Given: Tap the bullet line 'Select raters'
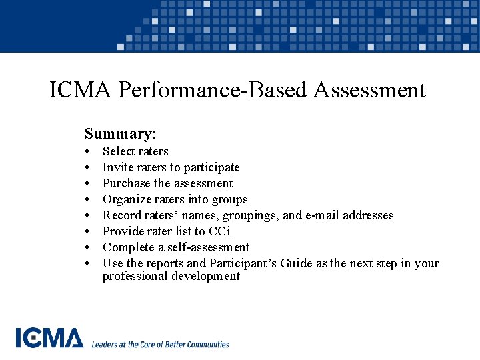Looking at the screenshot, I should coord(135,151).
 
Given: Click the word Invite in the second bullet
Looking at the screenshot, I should coord(117,167).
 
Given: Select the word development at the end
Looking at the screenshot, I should coord(207,276).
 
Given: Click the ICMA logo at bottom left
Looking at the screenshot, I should coord(49,338).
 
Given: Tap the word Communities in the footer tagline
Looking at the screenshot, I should coord(204,345).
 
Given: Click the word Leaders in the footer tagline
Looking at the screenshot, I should coord(104,345).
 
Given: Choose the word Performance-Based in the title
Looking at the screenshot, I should coord(203,90).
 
